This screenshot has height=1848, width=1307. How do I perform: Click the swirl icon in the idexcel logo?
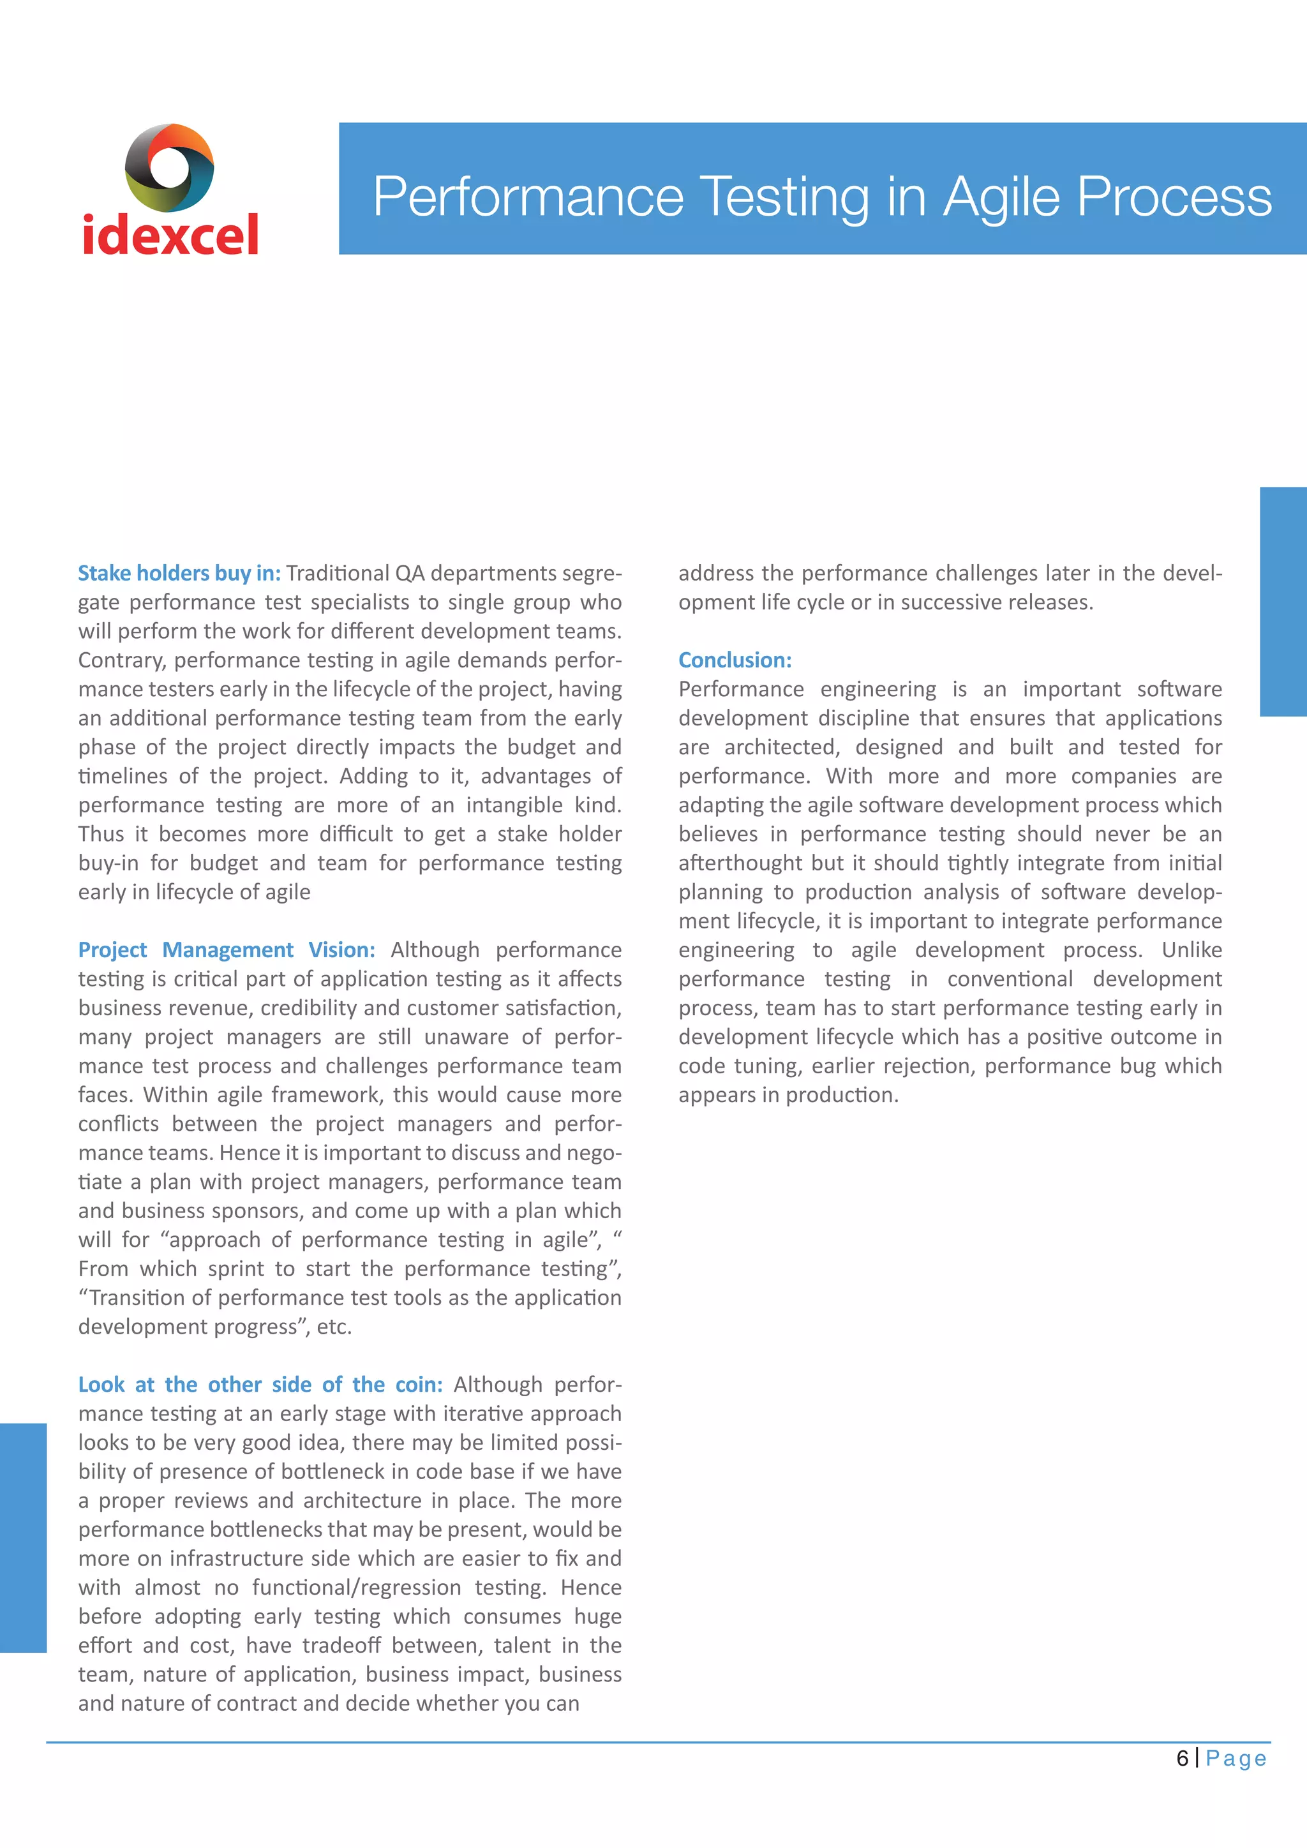[169, 167]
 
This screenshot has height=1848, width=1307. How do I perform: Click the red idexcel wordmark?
[170, 235]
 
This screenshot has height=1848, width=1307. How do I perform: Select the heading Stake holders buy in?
[179, 573]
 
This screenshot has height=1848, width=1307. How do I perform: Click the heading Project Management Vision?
[226, 950]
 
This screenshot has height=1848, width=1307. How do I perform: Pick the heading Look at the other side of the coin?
[260, 1384]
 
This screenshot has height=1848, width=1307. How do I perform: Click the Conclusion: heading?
[735, 660]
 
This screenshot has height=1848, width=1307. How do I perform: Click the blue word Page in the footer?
[1236, 1759]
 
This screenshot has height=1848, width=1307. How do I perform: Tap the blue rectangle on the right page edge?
[1283, 601]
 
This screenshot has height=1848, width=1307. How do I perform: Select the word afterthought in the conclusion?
[740, 863]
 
